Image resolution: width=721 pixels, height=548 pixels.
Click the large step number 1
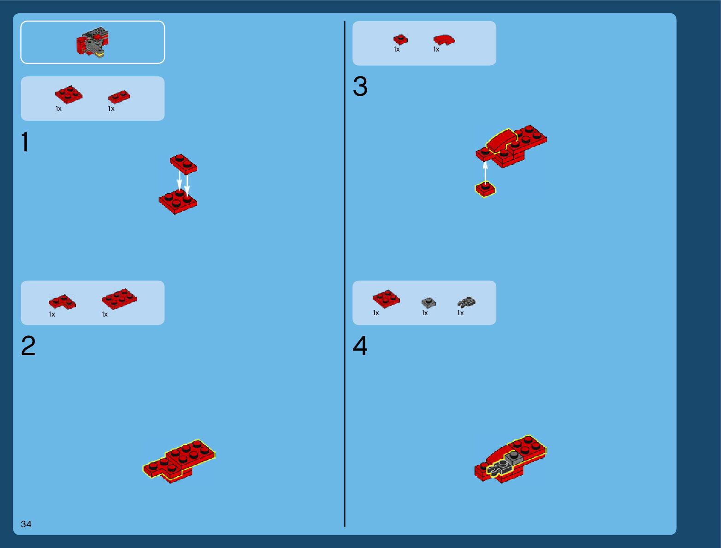click(25, 142)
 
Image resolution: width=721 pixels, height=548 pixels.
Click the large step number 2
click(28, 346)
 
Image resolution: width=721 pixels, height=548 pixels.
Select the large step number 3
click(360, 86)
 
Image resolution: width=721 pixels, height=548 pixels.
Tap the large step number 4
click(360, 346)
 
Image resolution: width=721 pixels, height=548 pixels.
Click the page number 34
click(26, 524)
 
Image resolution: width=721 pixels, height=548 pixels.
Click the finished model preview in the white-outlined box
click(93, 42)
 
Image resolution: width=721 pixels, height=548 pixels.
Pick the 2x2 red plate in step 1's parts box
click(69, 94)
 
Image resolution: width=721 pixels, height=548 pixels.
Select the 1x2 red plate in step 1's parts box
click(119, 97)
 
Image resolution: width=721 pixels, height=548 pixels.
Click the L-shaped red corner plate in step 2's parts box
click(62, 302)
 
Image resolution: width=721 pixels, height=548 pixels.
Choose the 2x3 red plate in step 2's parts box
click(119, 299)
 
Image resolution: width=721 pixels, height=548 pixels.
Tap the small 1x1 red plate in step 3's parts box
click(400, 40)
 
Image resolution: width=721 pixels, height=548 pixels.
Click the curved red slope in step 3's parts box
click(444, 40)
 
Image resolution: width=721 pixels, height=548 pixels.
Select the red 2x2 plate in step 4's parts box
click(386, 299)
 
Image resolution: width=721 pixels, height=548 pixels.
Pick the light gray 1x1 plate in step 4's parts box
click(428, 302)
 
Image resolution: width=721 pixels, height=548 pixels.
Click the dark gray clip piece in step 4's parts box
click(466, 302)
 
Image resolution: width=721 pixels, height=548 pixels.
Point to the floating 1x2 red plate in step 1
click(184, 164)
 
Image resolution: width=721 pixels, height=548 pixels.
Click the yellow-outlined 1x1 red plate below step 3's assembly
click(486, 189)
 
